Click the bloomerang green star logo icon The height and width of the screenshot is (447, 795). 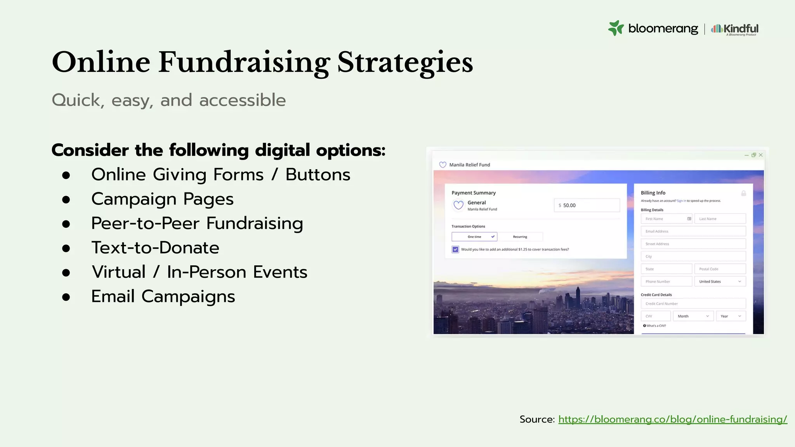[616, 28]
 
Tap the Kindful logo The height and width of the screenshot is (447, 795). [735, 29]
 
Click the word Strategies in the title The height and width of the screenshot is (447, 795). [405, 62]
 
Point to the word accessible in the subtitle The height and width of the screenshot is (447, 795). [242, 100]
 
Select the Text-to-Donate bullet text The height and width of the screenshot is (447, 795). [155, 248]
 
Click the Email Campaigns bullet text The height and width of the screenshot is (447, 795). [163, 296]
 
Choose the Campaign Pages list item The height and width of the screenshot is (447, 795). [162, 199]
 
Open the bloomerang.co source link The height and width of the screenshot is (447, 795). [672, 419]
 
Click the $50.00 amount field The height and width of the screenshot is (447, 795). [587, 205]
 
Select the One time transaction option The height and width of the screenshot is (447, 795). [474, 237]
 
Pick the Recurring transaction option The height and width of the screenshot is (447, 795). [520, 237]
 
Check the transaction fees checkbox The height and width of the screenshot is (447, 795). [455, 249]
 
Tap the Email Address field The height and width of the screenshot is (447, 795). [693, 231]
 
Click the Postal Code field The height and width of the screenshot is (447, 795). [720, 269]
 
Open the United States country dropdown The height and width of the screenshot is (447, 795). [720, 282]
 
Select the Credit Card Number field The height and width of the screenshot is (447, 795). [693, 304]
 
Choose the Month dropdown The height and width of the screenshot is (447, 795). [693, 316]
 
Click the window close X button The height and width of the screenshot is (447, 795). [761, 155]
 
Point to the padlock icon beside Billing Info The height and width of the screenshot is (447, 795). [743, 193]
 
